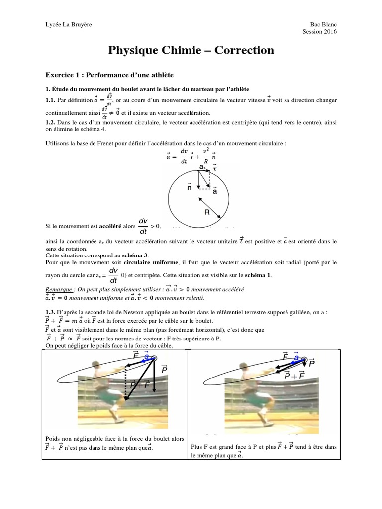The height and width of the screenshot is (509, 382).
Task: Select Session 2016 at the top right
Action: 319,32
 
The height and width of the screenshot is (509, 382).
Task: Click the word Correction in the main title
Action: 244,50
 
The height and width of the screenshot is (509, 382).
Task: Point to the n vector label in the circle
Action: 189,188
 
